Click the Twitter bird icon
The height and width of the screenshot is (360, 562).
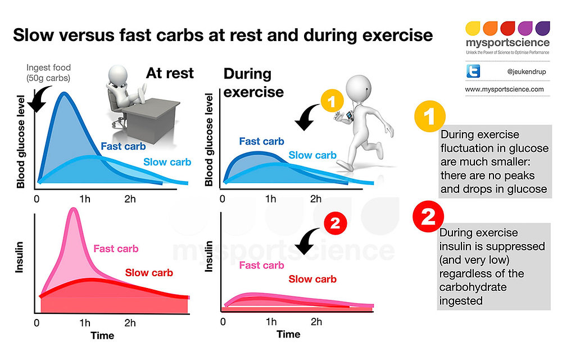(x=473, y=72)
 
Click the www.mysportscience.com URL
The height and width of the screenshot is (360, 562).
(x=504, y=89)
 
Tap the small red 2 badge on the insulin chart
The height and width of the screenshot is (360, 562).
(x=334, y=223)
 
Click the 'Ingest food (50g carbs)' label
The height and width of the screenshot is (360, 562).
(x=49, y=73)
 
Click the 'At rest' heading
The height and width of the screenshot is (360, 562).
(x=170, y=73)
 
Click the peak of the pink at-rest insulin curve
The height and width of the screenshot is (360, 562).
(x=72, y=209)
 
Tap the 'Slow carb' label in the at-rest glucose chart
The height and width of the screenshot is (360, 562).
(x=167, y=162)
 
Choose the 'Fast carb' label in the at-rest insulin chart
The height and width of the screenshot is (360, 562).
(x=116, y=249)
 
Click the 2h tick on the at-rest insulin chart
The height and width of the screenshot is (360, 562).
(x=130, y=323)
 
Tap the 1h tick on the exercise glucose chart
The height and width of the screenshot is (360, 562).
(x=271, y=199)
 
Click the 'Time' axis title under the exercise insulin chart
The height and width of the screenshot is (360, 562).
(x=288, y=334)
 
